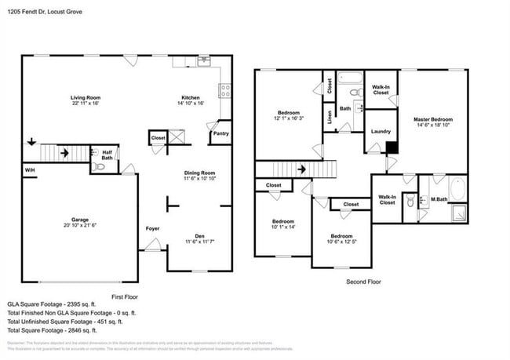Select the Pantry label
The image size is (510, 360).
click(221, 134)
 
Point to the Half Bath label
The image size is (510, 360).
click(106, 155)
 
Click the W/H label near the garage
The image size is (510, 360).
click(30, 170)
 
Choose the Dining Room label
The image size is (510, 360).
click(199, 173)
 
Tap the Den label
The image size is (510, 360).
click(199, 237)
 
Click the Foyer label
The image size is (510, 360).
click(152, 228)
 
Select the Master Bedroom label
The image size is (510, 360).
click(433, 119)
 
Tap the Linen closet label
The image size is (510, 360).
click(329, 117)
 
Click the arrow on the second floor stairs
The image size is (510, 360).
click(301, 169)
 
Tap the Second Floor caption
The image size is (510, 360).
click(363, 281)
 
